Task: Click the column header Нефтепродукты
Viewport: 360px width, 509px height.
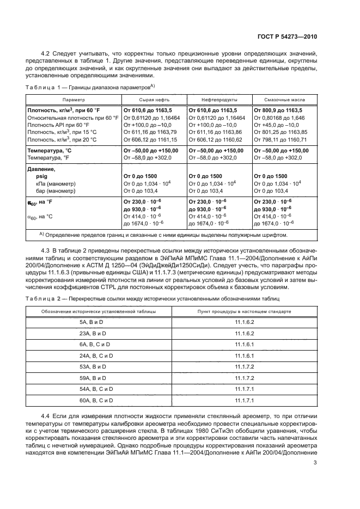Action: click(x=219, y=101)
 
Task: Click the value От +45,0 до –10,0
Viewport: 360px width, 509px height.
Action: click(x=277, y=125)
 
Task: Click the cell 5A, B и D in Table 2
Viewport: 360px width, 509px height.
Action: click(x=102, y=322)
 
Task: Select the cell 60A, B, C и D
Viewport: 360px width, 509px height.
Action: click(x=102, y=401)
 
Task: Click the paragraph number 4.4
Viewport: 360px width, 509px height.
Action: click(x=46, y=416)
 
